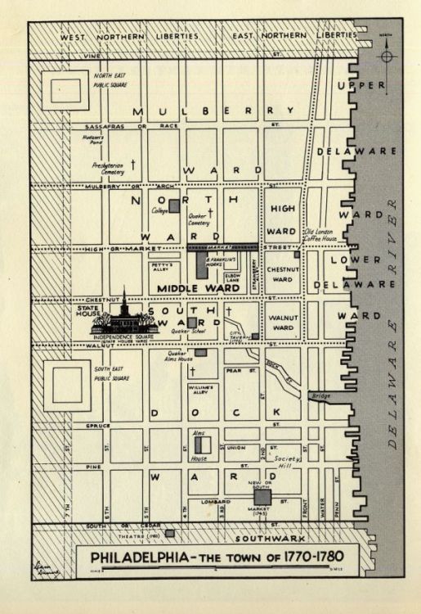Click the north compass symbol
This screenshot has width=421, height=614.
387,55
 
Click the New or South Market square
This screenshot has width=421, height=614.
262,497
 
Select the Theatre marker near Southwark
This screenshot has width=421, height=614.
169,533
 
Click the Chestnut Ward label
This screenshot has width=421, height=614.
281,273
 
